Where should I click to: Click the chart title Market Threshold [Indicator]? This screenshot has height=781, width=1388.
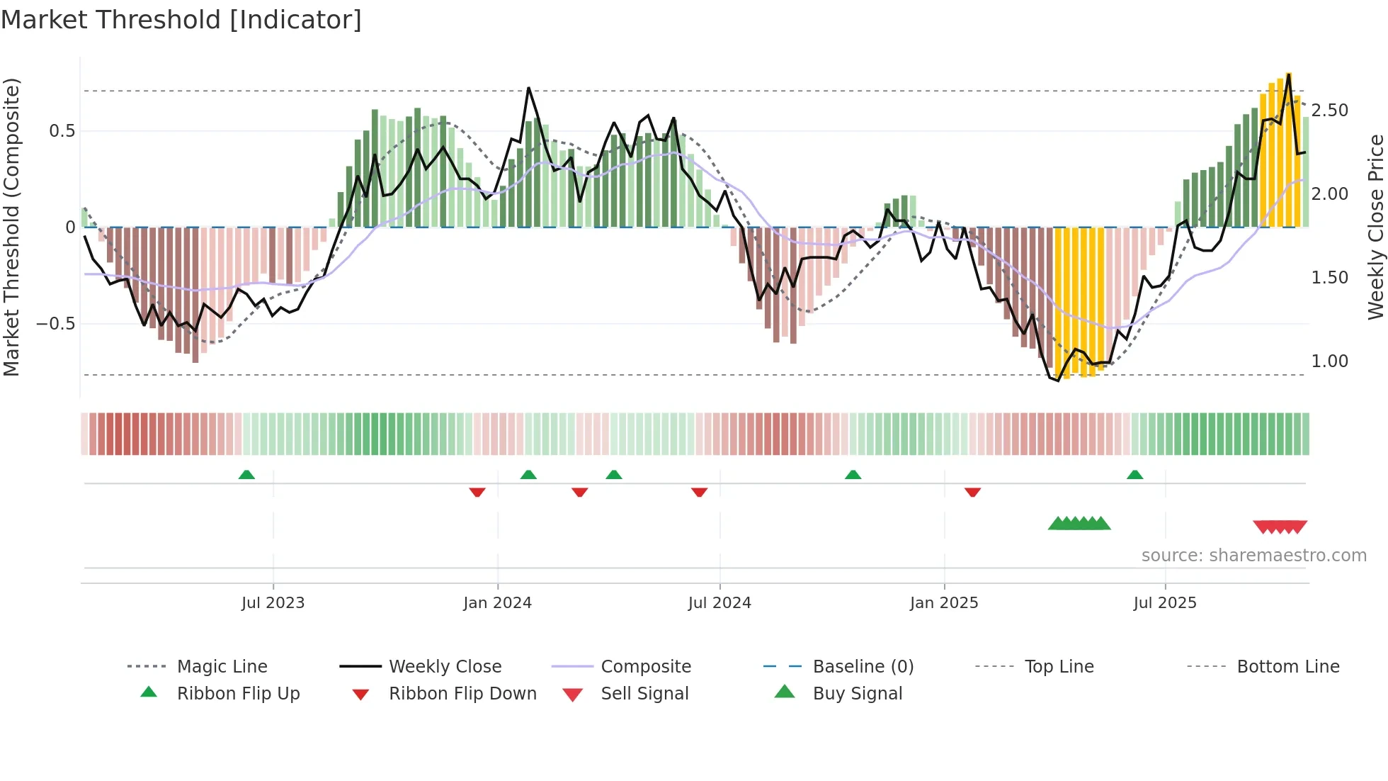(181, 20)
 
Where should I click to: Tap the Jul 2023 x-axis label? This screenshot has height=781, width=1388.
(273, 603)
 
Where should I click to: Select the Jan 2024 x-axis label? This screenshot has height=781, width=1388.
(497, 603)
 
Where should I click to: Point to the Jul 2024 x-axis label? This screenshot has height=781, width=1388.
(719, 603)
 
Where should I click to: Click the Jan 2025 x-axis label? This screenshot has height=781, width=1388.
(944, 603)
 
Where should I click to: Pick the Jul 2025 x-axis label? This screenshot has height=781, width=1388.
(1165, 603)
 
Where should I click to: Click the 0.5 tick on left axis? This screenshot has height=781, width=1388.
(62, 131)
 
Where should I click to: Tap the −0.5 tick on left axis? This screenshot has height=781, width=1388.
(56, 324)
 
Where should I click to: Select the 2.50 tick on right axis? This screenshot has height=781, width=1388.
(1330, 111)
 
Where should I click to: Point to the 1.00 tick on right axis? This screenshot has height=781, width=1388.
(1330, 361)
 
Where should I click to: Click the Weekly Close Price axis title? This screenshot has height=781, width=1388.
(1375, 227)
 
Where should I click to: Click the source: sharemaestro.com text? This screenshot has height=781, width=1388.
(1253, 556)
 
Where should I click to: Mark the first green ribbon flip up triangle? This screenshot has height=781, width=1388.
(246, 475)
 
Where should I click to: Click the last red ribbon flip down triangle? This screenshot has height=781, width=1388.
(972, 492)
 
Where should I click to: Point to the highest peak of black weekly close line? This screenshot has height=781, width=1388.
(1289, 74)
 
